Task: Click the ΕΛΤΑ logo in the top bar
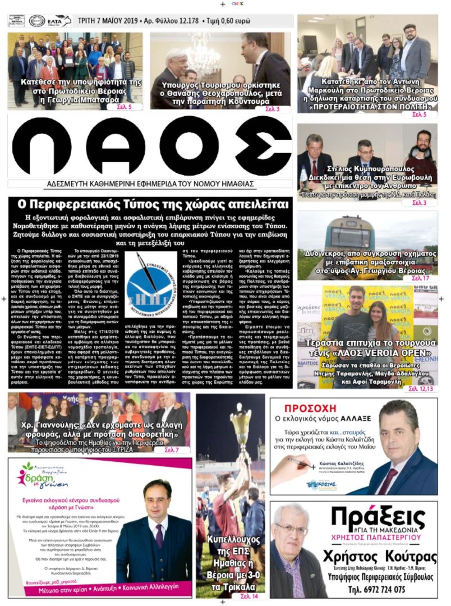click(x=59, y=21)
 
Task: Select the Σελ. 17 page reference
click(x=420, y=278)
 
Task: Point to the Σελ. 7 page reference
click(x=172, y=450)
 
